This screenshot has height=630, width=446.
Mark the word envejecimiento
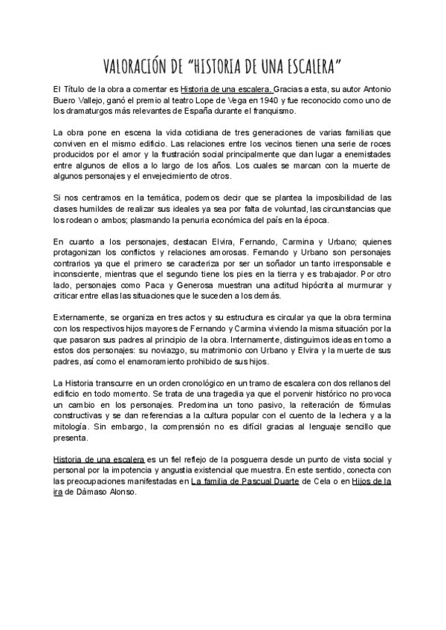click(190, 176)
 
